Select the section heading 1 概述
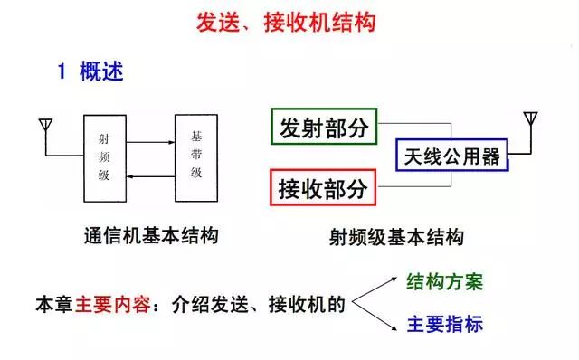point(90,72)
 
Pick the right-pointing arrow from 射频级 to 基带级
point(151,143)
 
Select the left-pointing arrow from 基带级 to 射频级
point(151,180)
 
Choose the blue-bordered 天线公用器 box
point(452,156)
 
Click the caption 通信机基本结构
point(150,237)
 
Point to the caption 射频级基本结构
point(397,238)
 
